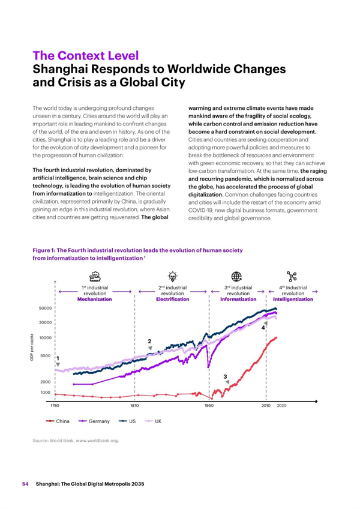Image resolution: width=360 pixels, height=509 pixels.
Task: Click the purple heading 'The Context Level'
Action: pos(86,56)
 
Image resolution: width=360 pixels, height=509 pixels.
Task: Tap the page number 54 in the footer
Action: pos(25,484)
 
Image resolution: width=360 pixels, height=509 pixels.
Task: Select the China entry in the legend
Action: pos(58,421)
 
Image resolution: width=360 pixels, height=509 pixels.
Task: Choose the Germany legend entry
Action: pos(94,421)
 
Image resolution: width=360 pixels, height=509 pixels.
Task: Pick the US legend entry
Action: pos(127,421)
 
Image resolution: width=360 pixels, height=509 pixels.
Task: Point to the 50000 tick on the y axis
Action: pos(46,308)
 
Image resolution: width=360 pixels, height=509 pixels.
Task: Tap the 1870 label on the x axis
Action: pos(134,405)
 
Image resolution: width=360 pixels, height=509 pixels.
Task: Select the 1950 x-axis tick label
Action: pos(209,405)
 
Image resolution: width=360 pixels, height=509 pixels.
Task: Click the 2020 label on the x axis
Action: pos(281,405)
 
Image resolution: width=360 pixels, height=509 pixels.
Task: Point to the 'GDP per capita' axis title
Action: pos(32,347)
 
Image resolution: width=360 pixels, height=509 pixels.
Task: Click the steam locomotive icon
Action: pos(95,277)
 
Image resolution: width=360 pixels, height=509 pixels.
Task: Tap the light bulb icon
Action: pos(172,276)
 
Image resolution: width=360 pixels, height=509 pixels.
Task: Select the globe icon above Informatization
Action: pos(236,277)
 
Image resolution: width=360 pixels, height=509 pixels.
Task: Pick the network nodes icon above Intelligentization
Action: pos(292,277)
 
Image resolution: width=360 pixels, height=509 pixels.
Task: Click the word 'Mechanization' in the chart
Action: pos(94,300)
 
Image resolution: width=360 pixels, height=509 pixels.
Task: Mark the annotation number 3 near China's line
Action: pos(225,376)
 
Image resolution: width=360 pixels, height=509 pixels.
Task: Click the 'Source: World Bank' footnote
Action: pos(76,441)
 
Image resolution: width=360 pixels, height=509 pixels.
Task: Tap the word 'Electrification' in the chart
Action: pos(172,300)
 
